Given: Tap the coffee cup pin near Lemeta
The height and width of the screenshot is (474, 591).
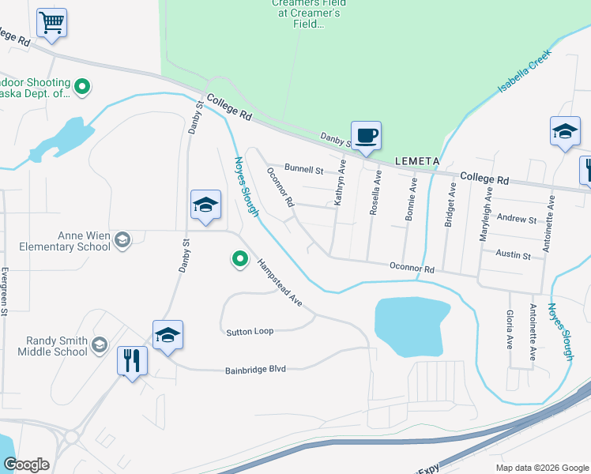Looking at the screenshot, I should (366, 136).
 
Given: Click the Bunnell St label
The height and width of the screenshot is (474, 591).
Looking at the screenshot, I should (304, 169).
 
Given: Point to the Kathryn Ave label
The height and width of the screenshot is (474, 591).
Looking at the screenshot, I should (341, 182).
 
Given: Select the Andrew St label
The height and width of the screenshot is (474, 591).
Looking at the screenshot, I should (517, 219).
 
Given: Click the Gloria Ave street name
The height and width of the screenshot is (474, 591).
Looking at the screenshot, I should (509, 329).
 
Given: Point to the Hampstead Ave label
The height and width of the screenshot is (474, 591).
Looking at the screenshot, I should (278, 282).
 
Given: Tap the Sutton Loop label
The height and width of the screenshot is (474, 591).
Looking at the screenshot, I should (250, 331).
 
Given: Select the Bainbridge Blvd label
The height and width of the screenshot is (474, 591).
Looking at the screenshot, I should (255, 369).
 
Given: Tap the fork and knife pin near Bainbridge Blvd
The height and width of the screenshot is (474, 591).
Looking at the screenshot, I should (132, 361).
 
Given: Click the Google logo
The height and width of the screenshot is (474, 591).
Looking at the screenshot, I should (27, 465).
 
